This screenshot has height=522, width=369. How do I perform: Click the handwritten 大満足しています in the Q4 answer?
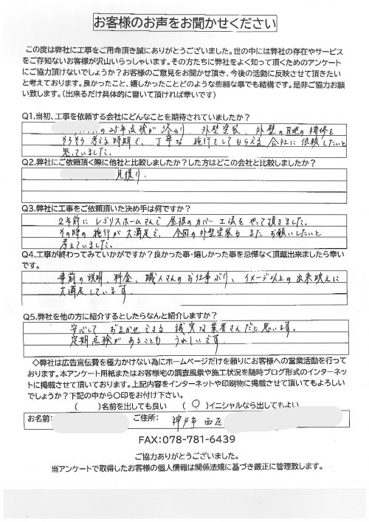click(x=78, y=290)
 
